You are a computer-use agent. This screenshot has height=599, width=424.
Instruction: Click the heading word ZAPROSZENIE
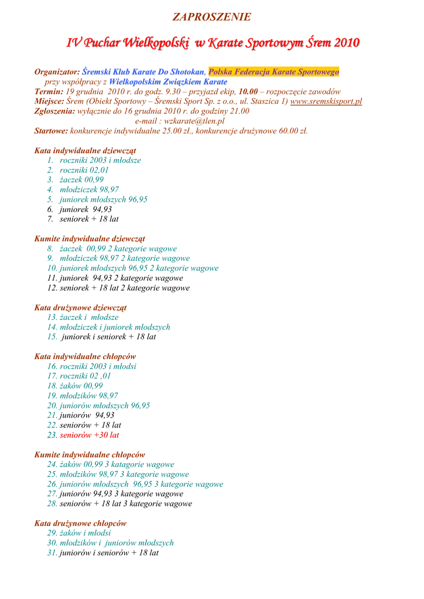211,17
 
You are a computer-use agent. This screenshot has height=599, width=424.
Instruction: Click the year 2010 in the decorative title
343,43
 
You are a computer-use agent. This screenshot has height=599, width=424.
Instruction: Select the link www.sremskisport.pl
326,101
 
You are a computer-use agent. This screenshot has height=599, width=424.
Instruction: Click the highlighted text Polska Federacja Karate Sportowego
273,72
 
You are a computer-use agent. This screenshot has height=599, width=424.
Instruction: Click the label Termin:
49,92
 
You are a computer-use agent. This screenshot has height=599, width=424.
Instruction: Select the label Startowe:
51,131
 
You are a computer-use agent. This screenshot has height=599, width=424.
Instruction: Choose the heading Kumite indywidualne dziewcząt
90,239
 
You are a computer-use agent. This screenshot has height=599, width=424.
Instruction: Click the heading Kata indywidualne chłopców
85,356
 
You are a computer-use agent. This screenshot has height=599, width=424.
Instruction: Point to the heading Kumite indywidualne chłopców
90,455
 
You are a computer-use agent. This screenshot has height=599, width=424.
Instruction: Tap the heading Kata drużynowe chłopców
80,524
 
